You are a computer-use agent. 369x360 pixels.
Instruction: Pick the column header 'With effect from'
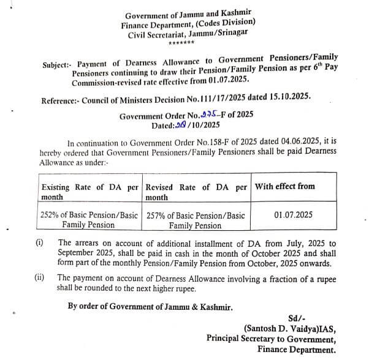285,186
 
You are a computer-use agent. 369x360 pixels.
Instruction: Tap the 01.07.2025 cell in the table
294,215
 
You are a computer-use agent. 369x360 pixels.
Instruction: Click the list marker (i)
40,242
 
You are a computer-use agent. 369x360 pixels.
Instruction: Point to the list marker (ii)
40,277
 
